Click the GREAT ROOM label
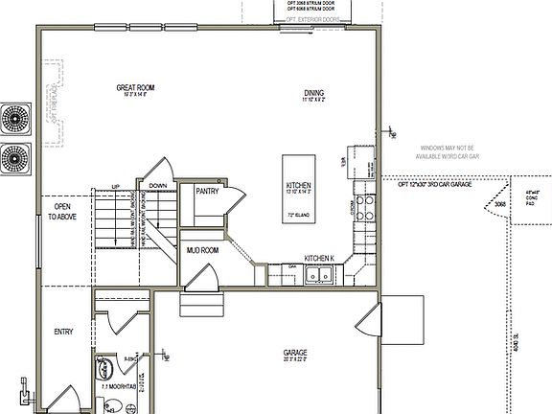click(x=135, y=87)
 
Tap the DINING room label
click(x=313, y=92)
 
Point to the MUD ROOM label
click(x=202, y=250)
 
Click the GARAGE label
click(x=295, y=352)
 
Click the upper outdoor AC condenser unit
click(x=16, y=120)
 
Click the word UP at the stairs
click(x=116, y=186)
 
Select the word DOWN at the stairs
click(x=158, y=186)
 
